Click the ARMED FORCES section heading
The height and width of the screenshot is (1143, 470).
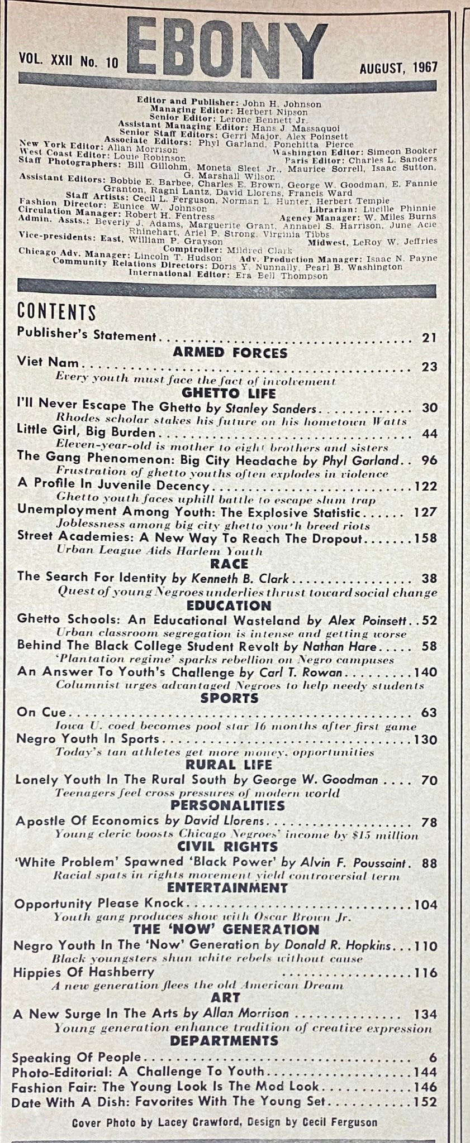230,352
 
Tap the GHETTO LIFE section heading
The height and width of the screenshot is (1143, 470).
230,393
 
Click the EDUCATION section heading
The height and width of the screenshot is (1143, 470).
230,605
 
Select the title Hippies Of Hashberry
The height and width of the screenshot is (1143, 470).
83,972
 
